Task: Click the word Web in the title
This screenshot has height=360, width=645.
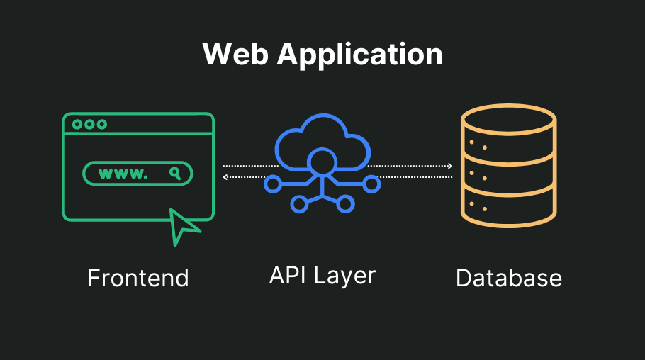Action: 233,55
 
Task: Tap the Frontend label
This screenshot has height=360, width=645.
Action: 138,278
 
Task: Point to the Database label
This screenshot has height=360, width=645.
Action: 508,278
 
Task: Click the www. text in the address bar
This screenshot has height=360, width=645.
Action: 123,173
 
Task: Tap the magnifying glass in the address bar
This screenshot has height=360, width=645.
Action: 174,173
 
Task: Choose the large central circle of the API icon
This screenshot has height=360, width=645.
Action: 322,162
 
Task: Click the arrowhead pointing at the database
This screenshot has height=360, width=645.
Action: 449,166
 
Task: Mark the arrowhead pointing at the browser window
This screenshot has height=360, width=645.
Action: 225,177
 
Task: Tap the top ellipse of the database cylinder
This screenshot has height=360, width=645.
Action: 507,122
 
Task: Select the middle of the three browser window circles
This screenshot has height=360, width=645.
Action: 89,124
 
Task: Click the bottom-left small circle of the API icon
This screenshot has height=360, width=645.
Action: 299,204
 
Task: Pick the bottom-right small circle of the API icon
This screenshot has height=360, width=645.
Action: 346,204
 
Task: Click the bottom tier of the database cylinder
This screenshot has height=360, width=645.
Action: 507,209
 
